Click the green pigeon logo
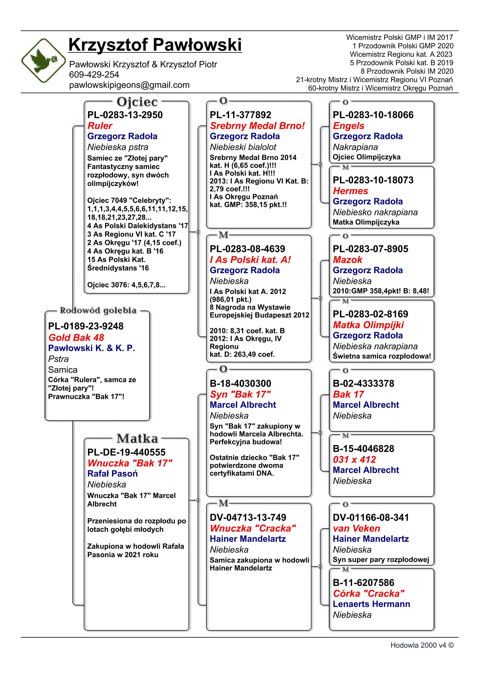pos(43,60)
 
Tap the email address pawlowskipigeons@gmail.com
pos(129,85)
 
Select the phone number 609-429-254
pos(94,75)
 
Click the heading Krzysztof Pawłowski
pos(155,45)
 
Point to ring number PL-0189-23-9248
pos(86,326)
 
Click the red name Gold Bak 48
pos(76,337)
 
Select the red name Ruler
pos(100,126)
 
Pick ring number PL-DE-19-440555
pos(126,452)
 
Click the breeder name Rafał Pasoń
pos(112,474)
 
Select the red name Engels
pos(348,126)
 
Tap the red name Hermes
pos(350,191)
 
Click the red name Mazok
pos(347,260)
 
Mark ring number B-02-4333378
pos(363,383)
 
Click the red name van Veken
pos(356,528)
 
